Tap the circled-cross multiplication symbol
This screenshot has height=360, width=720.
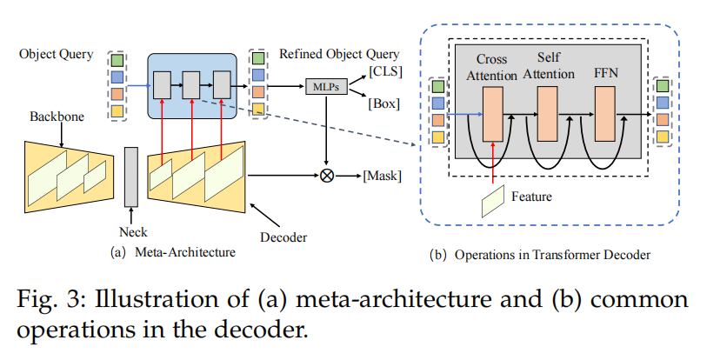click(x=328, y=176)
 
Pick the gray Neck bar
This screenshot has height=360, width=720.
click(x=131, y=177)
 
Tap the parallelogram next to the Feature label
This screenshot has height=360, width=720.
click(x=494, y=202)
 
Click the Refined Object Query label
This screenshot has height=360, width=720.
click(x=339, y=53)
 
